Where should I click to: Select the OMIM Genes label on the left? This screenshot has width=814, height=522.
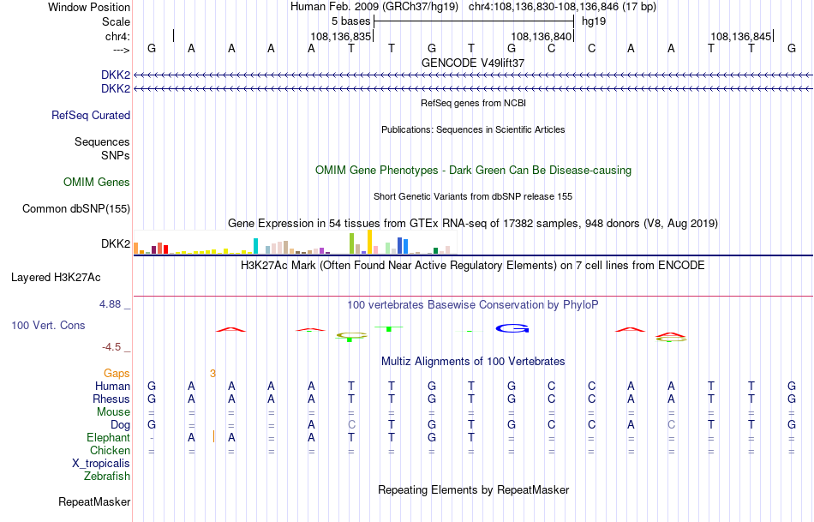point(97,183)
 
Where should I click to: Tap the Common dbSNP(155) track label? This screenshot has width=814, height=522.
point(76,209)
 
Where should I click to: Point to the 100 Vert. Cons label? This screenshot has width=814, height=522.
point(49,326)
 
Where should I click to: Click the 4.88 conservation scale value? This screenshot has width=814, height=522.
point(112,304)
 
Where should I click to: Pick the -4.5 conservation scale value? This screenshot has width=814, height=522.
point(112,347)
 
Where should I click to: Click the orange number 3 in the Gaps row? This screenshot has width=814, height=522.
point(212,374)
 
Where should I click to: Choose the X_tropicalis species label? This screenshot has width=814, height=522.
point(101,464)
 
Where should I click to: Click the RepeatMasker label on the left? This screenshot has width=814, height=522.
point(94,502)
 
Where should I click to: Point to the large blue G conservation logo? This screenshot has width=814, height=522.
point(513,328)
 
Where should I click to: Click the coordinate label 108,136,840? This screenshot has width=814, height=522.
point(540,37)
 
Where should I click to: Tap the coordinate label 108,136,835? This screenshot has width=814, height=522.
point(340,37)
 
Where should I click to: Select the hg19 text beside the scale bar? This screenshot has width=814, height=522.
point(594,21)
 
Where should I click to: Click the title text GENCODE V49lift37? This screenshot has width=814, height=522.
point(473,63)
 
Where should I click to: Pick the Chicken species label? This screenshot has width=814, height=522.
point(111,451)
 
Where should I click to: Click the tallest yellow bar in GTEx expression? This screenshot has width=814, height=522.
point(369,242)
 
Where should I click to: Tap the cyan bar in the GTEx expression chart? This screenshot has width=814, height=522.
point(255,246)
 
